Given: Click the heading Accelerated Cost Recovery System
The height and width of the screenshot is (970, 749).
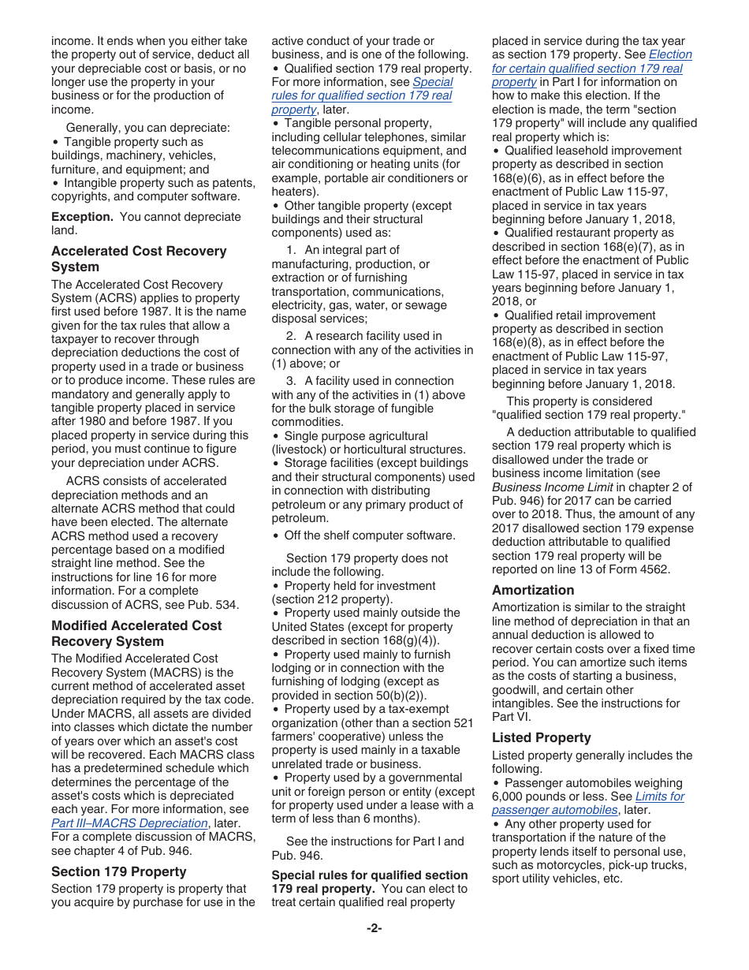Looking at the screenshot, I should (139, 259).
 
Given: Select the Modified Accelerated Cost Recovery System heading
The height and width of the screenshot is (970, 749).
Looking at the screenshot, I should (136, 633).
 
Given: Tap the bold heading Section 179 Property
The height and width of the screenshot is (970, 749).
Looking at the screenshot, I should (119, 871).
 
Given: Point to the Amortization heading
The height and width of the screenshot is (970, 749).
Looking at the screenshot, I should (533, 590).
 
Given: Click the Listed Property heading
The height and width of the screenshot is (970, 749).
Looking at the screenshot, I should (542, 737).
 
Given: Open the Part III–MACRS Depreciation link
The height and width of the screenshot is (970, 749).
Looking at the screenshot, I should (129, 823).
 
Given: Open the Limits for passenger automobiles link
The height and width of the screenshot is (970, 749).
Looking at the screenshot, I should (587, 803).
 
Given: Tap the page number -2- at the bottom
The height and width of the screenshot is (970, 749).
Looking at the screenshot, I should (374, 928).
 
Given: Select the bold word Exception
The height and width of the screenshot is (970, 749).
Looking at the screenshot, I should (82, 217).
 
